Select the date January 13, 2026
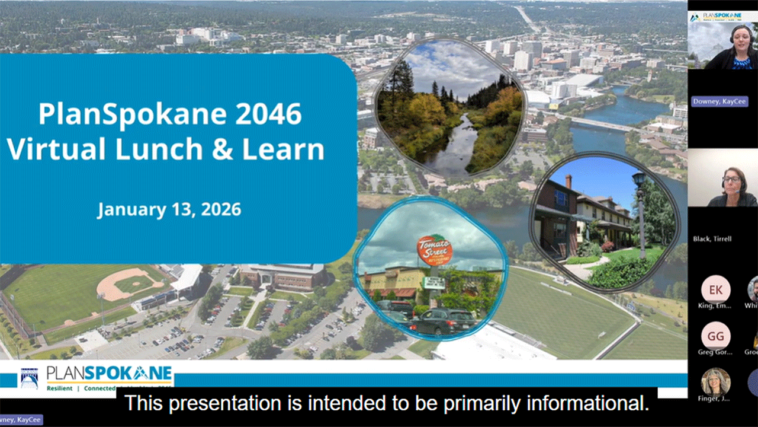(x=169, y=209)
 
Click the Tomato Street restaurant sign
(x=435, y=250)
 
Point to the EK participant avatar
(x=715, y=290)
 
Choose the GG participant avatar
(x=715, y=336)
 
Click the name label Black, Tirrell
(x=712, y=239)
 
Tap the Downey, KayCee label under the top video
(x=712, y=102)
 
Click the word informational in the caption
(x=593, y=404)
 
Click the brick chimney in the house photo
(x=568, y=182)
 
